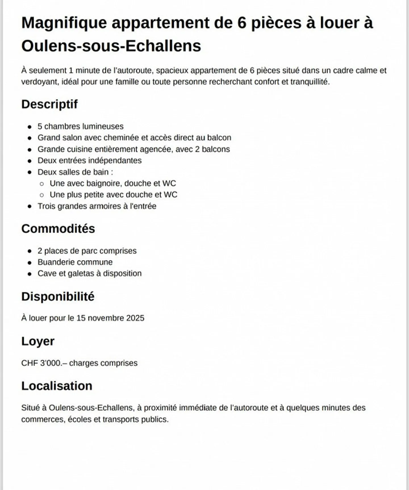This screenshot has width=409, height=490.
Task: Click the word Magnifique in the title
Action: pos(64,23)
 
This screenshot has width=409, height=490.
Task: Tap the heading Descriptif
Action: pos(49,104)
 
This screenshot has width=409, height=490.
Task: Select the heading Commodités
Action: pos(58,229)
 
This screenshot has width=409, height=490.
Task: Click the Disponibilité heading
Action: pos(58,297)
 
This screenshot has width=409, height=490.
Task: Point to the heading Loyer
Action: pos(38,341)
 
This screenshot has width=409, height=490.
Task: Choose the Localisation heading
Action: pos(57,386)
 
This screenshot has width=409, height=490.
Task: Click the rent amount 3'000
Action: pos(51,363)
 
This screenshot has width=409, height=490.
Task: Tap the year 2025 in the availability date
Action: pos(135,318)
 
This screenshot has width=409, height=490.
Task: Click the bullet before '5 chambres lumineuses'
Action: pos(30,127)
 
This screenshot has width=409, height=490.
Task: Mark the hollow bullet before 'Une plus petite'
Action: pos(42,195)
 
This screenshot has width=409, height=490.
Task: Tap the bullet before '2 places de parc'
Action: pos(30,251)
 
